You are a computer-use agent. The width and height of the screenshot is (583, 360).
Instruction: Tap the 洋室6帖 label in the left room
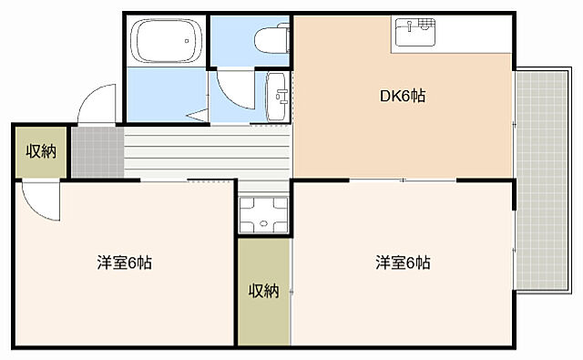tap(124, 263)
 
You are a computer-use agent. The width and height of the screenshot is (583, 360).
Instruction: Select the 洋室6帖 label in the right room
tap(403, 263)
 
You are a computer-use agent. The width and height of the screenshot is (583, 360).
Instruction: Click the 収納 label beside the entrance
tap(41, 151)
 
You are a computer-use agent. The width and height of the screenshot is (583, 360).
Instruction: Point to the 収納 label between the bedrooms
tap(264, 291)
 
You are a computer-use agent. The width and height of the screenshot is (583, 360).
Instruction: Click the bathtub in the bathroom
tap(165, 40)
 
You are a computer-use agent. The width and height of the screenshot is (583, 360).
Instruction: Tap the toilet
tap(271, 41)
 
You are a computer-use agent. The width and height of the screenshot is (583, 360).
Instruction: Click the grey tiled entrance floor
tap(97, 151)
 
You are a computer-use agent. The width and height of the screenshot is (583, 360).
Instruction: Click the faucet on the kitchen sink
tap(420, 25)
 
